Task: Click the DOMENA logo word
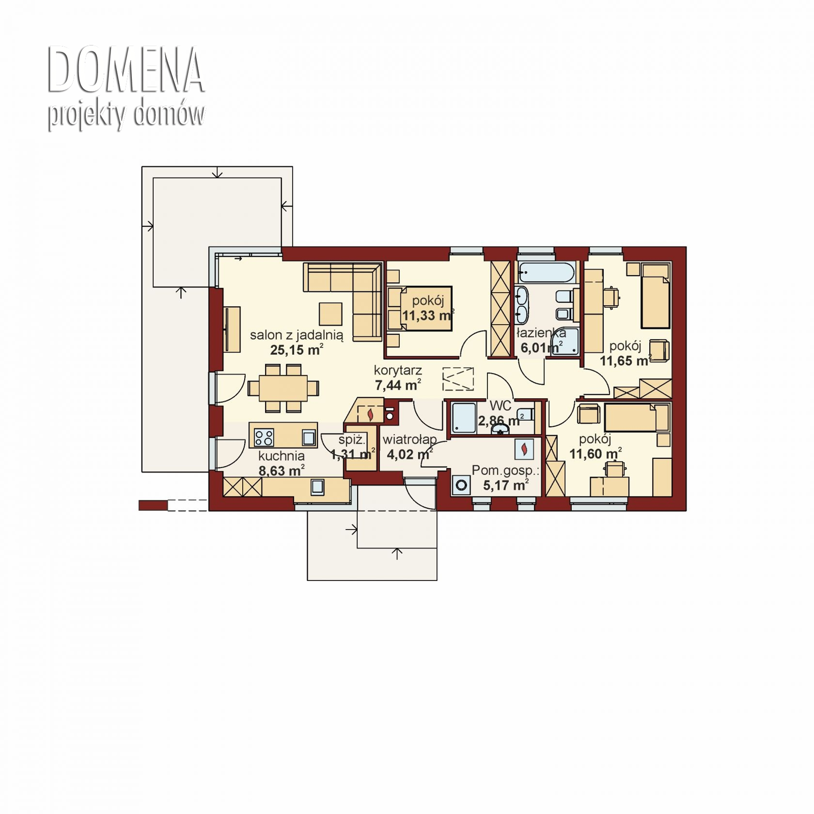tap(126, 70)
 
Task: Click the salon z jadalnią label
tap(296, 335)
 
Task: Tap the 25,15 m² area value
tap(296, 350)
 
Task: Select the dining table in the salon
tap(283, 388)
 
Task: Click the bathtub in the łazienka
tap(547, 273)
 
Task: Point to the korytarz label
tap(397, 370)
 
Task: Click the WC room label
tap(500, 405)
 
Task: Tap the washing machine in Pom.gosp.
tap(461, 485)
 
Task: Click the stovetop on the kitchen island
tap(264, 437)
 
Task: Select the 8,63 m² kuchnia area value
tap(281, 471)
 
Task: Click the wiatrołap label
tap(410, 439)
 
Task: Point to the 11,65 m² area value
tap(625, 361)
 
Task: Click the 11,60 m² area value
tap(594, 454)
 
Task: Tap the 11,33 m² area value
tap(427, 315)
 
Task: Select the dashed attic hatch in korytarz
tap(458, 379)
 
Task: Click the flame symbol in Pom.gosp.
tap(524, 449)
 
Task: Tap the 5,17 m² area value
tap(505, 485)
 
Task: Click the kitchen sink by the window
tap(317, 487)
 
